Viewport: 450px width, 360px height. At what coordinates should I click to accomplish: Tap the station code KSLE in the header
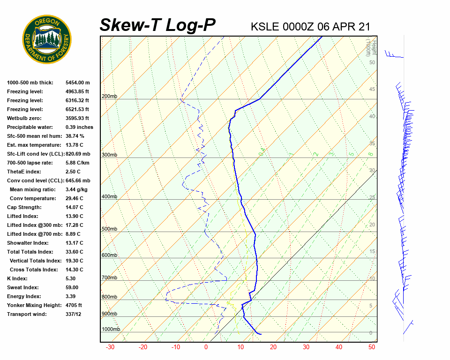(265, 26)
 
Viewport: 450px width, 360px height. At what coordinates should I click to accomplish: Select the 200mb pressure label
(109, 96)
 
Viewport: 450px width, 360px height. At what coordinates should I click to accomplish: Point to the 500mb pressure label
(109, 229)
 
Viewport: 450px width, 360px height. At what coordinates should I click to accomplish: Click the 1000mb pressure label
(111, 329)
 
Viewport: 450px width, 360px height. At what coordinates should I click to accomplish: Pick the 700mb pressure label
(109, 277)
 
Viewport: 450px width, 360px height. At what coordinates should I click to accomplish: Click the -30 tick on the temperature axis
(110, 347)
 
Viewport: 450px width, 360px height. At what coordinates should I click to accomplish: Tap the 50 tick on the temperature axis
(372, 347)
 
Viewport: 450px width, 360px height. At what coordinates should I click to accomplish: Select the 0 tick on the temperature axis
(206, 347)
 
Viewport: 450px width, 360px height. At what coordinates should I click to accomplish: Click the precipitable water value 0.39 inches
(79, 127)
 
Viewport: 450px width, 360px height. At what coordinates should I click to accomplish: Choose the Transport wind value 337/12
(74, 314)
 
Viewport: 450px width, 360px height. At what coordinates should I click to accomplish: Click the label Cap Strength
(24, 207)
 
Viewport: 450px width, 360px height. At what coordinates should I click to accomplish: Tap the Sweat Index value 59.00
(74, 287)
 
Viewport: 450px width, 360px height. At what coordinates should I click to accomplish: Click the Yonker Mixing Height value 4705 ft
(74, 305)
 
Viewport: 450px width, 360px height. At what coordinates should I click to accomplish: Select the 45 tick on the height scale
(372, 90)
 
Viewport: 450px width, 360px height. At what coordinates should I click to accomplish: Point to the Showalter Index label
(28, 243)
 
